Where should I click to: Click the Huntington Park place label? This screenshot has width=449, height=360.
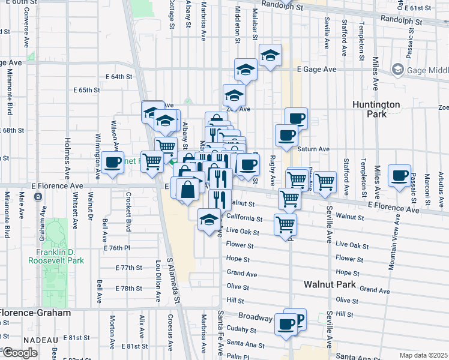[x=376, y=110]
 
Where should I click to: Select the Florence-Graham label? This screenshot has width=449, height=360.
[x=35, y=313]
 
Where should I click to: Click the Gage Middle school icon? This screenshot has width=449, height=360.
[x=397, y=70]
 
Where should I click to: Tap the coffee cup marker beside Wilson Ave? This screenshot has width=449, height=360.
[x=112, y=161]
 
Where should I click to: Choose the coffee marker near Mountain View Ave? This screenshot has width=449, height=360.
[x=399, y=176]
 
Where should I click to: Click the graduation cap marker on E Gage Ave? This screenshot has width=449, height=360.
[x=246, y=70]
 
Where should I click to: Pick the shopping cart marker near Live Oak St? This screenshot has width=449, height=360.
[x=285, y=224]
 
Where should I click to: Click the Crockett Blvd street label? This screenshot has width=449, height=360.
[x=128, y=212]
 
